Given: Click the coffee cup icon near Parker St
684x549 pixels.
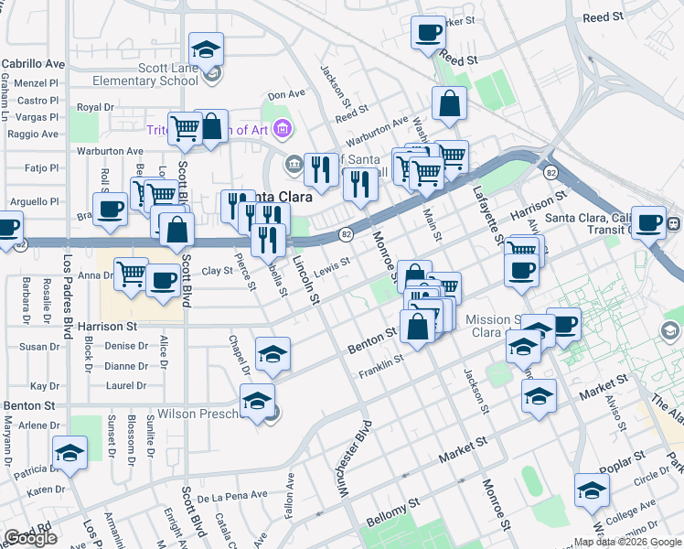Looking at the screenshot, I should (427, 35).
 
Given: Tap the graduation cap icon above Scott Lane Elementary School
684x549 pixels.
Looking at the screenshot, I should (207, 49).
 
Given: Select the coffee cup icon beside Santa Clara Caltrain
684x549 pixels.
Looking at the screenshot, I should (650, 221).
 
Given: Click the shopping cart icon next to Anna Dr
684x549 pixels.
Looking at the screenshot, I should (131, 273).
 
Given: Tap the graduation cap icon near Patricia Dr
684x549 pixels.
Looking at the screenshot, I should (69, 453).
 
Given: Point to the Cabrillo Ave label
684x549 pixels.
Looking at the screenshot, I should (33, 64).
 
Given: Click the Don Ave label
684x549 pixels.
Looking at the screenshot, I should (286, 93).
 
